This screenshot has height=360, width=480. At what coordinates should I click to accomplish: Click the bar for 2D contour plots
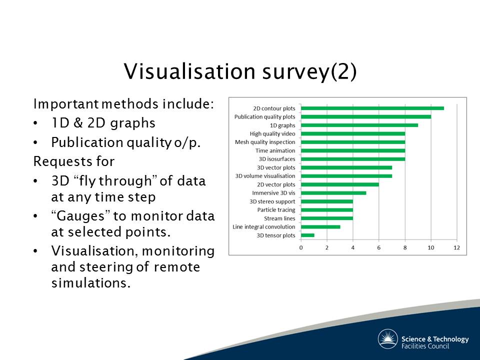pyautogui.click(x=372, y=108)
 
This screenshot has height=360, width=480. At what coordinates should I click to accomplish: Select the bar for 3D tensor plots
pyautogui.click(x=307, y=235)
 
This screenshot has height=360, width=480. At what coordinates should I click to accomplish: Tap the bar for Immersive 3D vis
pyautogui.click(x=333, y=193)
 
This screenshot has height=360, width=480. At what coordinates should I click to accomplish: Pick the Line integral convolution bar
pyautogui.click(x=320, y=227)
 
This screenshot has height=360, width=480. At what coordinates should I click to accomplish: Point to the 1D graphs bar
pyautogui.click(x=359, y=125)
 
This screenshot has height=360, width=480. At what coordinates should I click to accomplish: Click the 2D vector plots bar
pyautogui.click(x=340, y=184)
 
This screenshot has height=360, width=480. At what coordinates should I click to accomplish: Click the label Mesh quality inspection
pyautogui.click(x=265, y=142)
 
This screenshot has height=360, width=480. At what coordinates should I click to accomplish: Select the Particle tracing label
pyautogui.click(x=276, y=210)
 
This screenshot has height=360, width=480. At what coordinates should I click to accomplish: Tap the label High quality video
pyautogui.click(x=272, y=134)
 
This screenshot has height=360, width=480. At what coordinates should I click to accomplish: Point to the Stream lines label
pyautogui.click(x=279, y=218)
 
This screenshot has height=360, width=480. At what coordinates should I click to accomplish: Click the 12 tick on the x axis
pyautogui.click(x=456, y=247)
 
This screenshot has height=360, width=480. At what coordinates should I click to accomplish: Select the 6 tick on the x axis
pyautogui.click(x=378, y=247)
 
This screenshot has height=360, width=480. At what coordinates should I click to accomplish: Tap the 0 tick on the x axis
pyautogui.click(x=301, y=247)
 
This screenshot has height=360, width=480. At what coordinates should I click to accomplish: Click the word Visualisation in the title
pyautogui.click(x=189, y=71)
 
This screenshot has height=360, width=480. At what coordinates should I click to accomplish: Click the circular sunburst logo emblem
pyautogui.click(x=387, y=339)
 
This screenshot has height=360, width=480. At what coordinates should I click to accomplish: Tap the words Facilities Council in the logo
pyautogui.click(x=425, y=346)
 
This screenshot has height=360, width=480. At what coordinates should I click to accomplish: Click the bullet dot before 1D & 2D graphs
pyautogui.click(x=35, y=123)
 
